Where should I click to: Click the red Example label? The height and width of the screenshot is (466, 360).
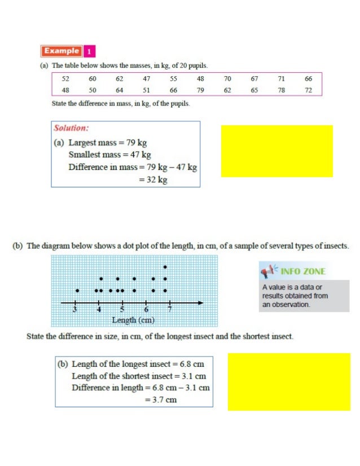62,51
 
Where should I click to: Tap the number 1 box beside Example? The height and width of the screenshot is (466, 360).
89,51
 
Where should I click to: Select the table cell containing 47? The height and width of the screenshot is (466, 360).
146,79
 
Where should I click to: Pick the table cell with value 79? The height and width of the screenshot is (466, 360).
200,90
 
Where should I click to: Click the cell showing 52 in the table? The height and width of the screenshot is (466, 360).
65,79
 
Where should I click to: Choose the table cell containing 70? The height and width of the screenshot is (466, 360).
227,79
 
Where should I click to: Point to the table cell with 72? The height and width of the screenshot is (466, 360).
308,90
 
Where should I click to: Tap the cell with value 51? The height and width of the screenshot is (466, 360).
146,90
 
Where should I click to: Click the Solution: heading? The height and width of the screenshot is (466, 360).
71,128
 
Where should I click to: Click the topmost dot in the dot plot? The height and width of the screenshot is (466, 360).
165,267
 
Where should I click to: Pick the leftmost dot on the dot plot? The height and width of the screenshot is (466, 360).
77,291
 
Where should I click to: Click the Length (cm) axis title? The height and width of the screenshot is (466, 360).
133,320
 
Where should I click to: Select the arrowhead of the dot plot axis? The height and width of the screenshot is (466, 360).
201,304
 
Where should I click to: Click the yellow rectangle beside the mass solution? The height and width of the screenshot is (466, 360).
276,151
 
